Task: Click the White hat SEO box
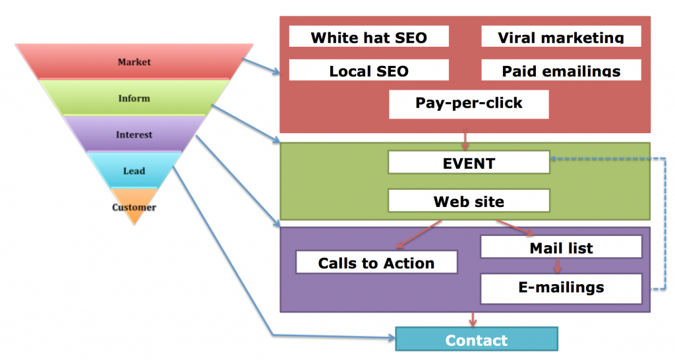click(x=369, y=36)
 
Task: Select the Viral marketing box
click(x=561, y=36)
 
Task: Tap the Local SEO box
click(x=369, y=70)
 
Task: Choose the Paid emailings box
click(x=561, y=70)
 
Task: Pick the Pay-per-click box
click(x=469, y=104)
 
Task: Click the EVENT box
click(x=469, y=162)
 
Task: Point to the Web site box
click(x=469, y=200)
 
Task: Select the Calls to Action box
click(x=376, y=262)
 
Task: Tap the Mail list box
click(x=561, y=247)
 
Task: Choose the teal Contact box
click(x=477, y=339)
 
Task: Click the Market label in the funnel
click(x=134, y=62)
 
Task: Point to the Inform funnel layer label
click(x=134, y=98)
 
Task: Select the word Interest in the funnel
click(x=134, y=135)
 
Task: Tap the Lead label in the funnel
click(x=134, y=171)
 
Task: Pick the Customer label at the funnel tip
click(x=134, y=207)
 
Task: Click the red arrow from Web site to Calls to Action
click(x=419, y=234)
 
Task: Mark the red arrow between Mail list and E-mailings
click(x=558, y=265)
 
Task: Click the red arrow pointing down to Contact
click(x=473, y=320)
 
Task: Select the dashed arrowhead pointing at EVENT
click(x=555, y=158)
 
